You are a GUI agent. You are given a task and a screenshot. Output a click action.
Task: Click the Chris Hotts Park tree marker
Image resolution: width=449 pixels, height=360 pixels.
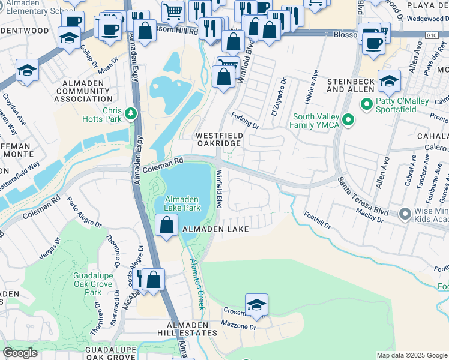coord(130,113)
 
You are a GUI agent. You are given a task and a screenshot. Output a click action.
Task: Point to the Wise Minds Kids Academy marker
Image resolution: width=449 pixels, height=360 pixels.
coord(405,213)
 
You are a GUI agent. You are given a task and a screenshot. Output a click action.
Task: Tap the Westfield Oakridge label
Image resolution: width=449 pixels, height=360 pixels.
coord(218,139)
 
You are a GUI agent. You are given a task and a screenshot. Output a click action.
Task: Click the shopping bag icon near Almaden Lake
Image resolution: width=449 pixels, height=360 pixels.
coord(167,226)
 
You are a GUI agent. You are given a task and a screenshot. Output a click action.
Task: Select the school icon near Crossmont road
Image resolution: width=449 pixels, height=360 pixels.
coord(256,305)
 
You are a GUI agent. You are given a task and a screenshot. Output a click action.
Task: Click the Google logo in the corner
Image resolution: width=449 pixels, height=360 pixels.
coord(20,353)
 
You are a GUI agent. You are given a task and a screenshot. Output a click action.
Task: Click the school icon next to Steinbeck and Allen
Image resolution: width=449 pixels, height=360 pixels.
coord(389,81)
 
